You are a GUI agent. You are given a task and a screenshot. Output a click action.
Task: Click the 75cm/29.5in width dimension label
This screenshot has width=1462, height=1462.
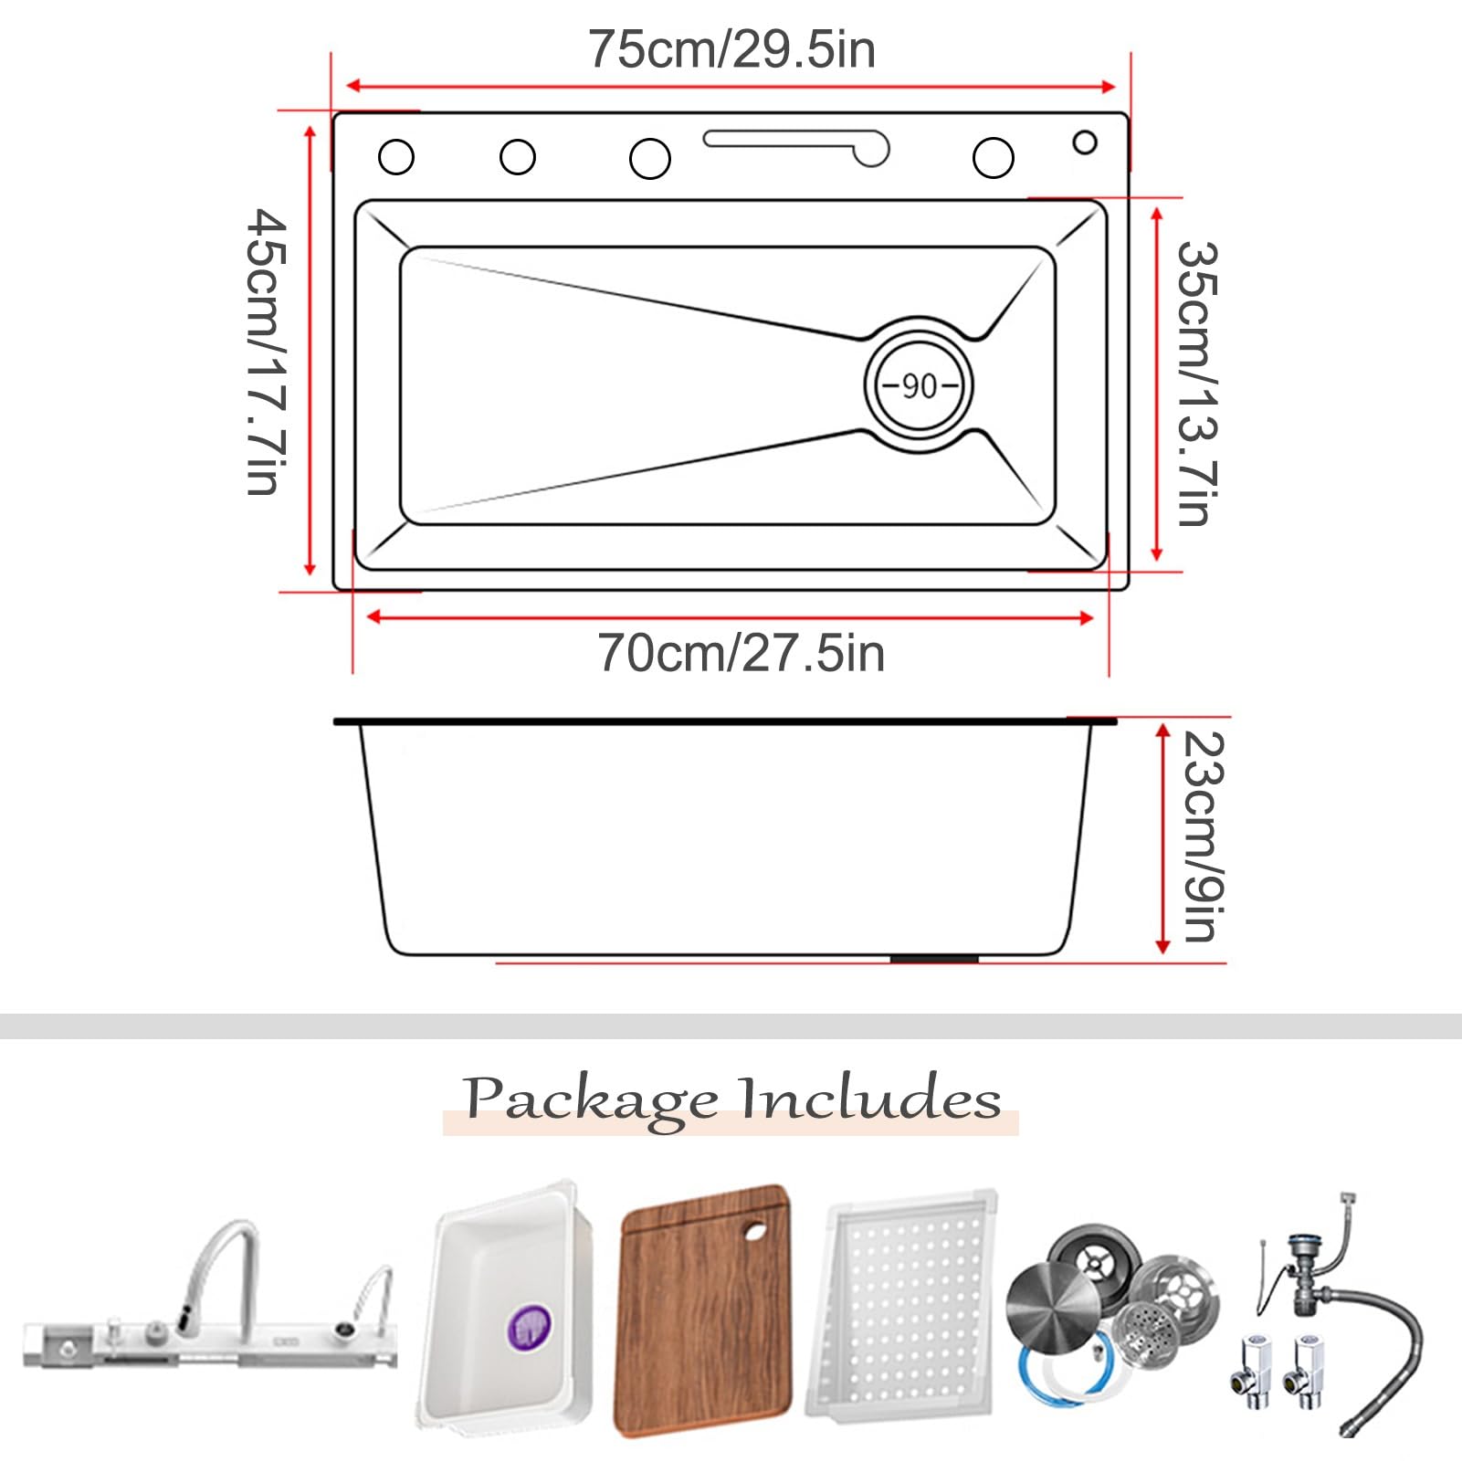[731, 49]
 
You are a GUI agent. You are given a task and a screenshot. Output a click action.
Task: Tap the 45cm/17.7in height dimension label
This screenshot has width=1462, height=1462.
[267, 352]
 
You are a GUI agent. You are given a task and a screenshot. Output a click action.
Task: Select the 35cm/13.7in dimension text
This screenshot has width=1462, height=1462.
[1196, 384]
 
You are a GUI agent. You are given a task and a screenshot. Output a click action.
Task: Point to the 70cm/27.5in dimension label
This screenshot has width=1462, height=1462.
[741, 653]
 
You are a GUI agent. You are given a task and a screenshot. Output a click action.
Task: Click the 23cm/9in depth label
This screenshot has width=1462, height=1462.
[1203, 836]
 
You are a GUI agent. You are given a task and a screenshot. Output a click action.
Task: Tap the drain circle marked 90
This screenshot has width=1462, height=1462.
[919, 384]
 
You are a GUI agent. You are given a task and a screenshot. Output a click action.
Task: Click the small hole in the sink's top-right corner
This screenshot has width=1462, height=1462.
[1085, 142]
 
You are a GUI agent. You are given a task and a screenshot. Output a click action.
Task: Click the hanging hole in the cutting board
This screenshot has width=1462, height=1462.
[755, 1231]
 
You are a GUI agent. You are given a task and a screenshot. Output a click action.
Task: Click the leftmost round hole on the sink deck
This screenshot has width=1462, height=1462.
[395, 157]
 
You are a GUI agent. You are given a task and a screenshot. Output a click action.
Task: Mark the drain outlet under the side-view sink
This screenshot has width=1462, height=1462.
[934, 959]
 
